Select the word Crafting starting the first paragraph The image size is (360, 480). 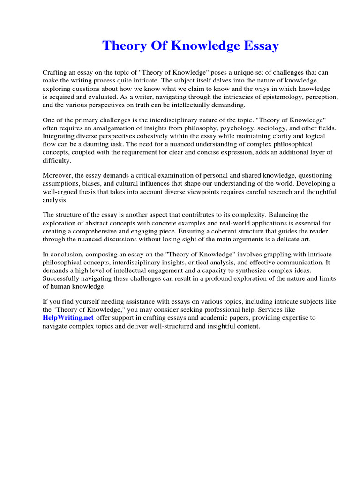point(55,73)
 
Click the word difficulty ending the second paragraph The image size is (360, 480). point(57,160)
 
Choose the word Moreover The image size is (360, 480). point(58,176)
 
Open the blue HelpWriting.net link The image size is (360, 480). point(68,318)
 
